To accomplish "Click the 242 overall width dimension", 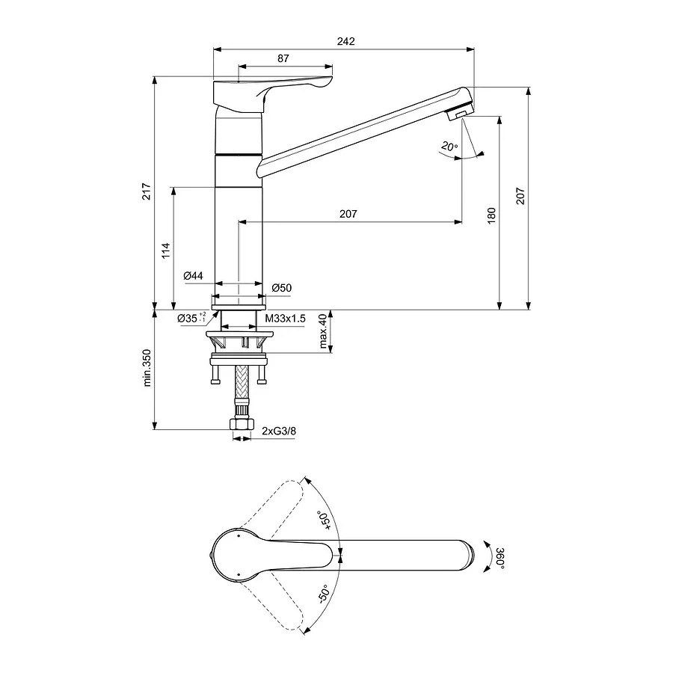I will (x=345, y=42).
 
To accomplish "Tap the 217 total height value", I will (x=147, y=191).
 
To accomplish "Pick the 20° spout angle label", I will (x=449, y=147).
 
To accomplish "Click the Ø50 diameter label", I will (x=281, y=287).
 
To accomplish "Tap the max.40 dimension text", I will (x=323, y=331).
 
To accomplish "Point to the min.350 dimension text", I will (x=147, y=369).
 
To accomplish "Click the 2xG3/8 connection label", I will (x=278, y=431).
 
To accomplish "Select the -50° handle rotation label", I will (x=323, y=594).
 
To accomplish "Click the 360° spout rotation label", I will (x=500, y=558).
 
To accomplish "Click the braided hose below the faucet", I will (x=241, y=384).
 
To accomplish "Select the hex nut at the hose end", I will (x=241, y=425).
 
